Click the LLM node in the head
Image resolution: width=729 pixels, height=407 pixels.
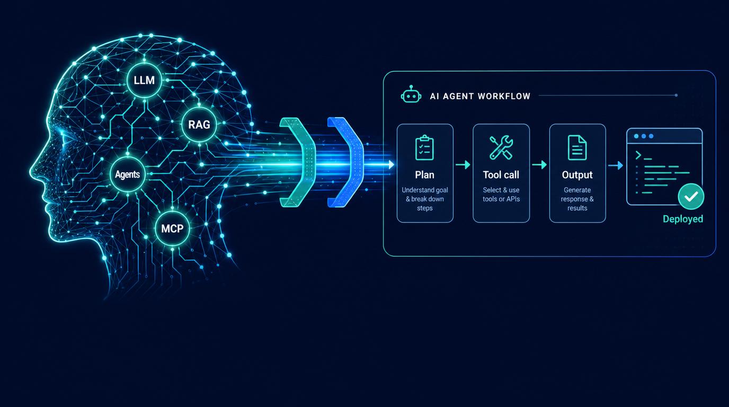coord(144,80)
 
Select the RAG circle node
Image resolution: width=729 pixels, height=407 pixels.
coord(199,125)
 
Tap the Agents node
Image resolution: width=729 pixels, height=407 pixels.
coord(128,174)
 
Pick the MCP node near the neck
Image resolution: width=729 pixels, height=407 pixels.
coord(172,228)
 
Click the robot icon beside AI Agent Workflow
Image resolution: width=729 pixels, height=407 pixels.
coord(411,94)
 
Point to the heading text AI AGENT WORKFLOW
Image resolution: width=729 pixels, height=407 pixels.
coord(480,96)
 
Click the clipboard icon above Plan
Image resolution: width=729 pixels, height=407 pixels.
coord(424,147)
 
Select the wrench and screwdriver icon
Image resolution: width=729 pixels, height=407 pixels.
coord(501,147)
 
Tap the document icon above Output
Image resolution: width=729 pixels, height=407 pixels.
coord(577,147)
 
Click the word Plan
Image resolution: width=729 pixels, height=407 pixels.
coord(424,175)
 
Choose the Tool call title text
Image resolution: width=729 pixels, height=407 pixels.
coord(501,175)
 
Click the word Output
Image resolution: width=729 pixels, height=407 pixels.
coord(577,175)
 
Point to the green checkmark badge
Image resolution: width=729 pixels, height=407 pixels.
coord(691,196)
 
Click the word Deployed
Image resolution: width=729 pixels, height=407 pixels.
coord(683,219)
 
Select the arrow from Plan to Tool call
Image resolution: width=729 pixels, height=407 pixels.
coord(463,165)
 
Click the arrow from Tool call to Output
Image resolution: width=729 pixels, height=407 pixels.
coord(539,165)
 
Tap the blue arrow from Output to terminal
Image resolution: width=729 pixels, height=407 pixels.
coord(616,165)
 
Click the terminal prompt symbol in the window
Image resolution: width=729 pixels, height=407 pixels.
coord(638,155)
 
